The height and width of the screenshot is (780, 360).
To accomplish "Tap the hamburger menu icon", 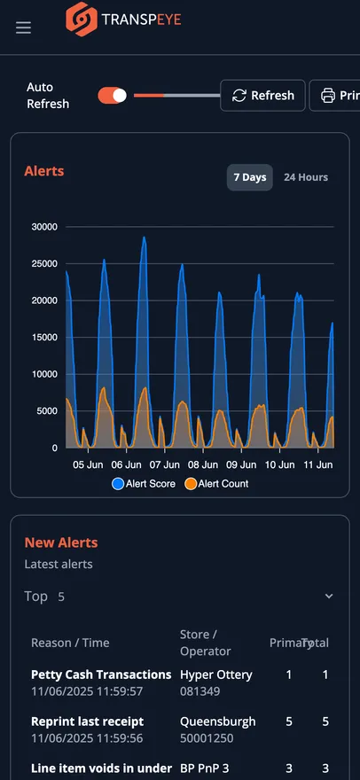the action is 23,27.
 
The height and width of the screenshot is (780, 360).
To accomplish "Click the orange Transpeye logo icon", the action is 82,19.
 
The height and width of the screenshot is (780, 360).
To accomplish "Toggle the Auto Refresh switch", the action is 112,96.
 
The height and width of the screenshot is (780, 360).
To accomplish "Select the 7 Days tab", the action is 250,177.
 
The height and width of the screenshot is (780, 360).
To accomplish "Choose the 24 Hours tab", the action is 306,177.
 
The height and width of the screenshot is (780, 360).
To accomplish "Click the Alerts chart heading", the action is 44,171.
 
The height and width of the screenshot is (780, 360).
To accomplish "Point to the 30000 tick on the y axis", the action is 45,227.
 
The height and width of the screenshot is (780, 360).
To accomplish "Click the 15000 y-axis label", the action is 45,338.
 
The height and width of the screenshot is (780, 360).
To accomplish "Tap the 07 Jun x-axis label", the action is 165,464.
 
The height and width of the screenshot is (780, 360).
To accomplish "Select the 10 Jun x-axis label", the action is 279,464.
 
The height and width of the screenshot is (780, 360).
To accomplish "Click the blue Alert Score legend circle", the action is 118,484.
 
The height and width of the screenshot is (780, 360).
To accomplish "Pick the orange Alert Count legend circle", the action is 191,484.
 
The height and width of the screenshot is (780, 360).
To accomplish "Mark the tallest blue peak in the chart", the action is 144,238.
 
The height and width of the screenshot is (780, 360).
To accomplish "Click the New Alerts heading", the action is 61,542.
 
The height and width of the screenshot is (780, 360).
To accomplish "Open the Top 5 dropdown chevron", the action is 329,596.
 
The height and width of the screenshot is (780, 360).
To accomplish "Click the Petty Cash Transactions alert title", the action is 101,675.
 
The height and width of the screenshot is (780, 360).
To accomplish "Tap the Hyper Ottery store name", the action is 216,675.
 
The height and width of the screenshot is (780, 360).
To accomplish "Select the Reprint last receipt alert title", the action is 88,721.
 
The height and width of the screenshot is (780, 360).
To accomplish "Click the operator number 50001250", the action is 200,738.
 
